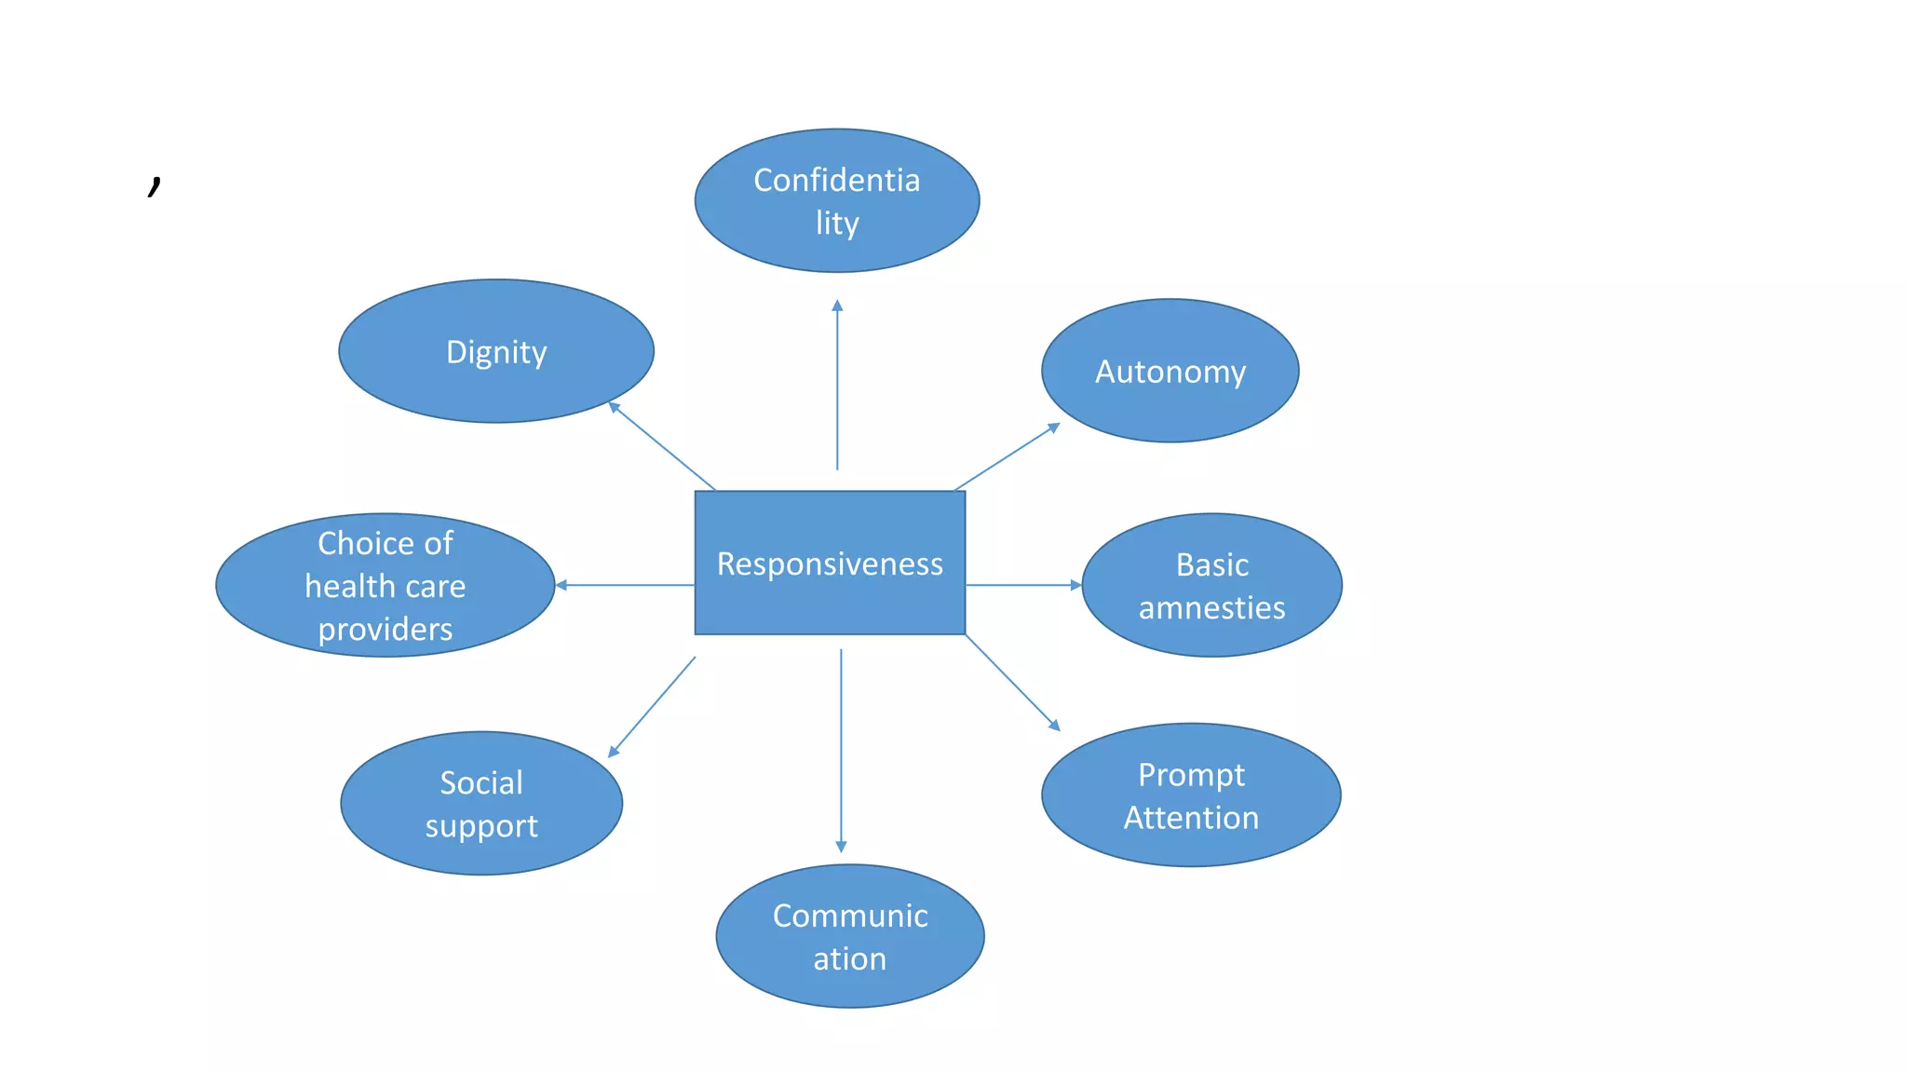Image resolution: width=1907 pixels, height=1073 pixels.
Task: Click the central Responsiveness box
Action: point(830,563)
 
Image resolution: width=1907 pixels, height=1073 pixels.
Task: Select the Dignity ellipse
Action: point(496,351)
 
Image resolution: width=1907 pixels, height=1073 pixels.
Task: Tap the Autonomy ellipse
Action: point(1170,371)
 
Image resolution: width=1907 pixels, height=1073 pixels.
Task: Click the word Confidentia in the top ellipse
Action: point(836,180)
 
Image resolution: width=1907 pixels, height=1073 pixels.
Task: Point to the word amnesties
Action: point(1211,607)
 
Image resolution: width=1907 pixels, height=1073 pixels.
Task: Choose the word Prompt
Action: point(1191,774)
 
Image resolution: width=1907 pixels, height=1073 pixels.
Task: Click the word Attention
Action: point(1191,817)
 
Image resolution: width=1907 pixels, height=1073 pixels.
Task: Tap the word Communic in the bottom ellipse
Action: point(850,916)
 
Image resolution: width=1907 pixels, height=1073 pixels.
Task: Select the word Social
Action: point(480,782)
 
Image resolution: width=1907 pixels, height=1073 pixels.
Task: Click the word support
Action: point(480,826)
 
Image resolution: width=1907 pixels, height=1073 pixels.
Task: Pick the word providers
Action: point(385,630)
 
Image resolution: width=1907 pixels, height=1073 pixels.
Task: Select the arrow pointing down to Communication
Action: point(841,750)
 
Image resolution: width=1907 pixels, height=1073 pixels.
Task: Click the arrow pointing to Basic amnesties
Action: point(1023,585)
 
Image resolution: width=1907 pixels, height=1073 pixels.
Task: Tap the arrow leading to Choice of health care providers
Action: point(625,585)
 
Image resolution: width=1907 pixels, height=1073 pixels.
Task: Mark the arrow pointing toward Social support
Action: point(652,707)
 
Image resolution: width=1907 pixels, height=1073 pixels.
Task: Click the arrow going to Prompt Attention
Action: point(1012,682)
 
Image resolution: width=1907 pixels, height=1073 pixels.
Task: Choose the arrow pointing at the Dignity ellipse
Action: point(662,446)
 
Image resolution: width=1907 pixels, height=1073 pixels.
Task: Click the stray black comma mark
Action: point(155,185)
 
